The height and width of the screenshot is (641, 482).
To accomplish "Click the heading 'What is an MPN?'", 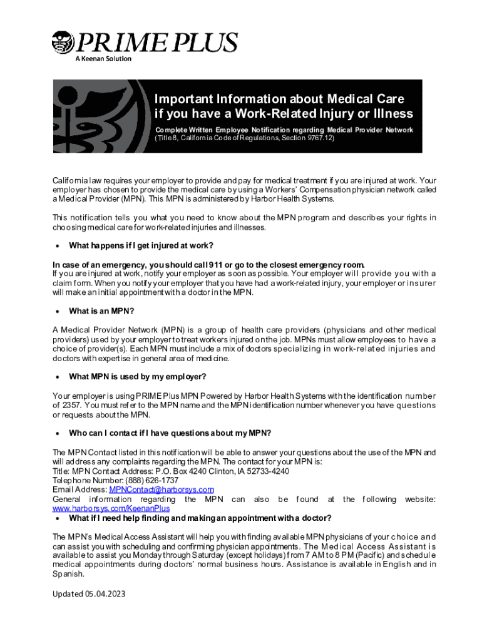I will pyautogui.click(x=101, y=311).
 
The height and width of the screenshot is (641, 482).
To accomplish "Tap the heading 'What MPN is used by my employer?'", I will pyautogui.click(x=137, y=377).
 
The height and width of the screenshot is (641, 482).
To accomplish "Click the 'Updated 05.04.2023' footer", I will pyautogui.click(x=89, y=593).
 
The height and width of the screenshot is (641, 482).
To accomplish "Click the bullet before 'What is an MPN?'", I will pyautogui.click(x=58, y=311).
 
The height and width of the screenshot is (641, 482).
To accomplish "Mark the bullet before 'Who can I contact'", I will pyautogui.click(x=58, y=433).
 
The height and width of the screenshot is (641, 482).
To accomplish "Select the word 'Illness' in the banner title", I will pyautogui.click(x=390, y=114).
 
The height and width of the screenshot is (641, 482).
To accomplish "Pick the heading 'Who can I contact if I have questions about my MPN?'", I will pyautogui.click(x=170, y=433).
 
